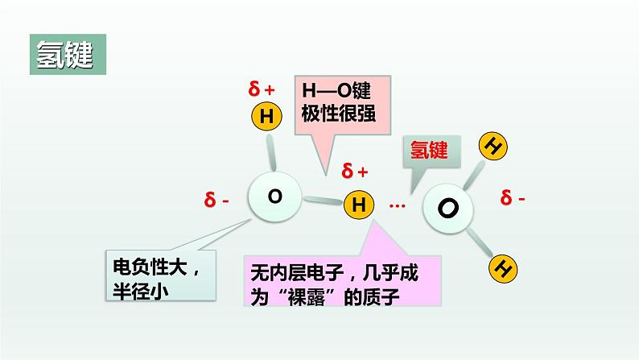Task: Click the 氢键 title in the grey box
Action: [x=64, y=53]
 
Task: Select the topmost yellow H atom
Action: [x=266, y=118]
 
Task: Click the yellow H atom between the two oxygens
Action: [x=358, y=205]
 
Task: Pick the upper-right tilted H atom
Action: [x=493, y=146]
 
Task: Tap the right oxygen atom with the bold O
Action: [x=449, y=209]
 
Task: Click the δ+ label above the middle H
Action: [x=355, y=171]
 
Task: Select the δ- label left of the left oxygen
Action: [x=216, y=199]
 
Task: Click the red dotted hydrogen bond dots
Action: [x=397, y=206]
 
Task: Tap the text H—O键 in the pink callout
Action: [x=331, y=90]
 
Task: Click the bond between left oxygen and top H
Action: [x=270, y=151]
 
